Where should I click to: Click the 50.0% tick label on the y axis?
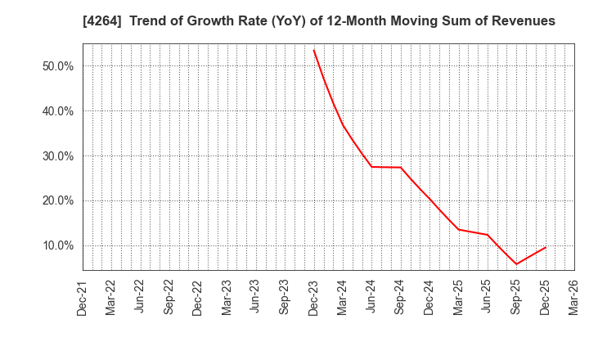point(58,66)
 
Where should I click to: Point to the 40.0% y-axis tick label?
point(58,111)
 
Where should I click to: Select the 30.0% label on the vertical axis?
point(58,156)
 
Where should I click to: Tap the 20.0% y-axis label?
point(58,200)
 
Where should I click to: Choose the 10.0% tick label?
point(58,245)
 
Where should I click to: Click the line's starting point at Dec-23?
point(313,50)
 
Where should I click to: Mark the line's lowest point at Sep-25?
point(516,264)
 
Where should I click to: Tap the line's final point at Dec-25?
point(545,247)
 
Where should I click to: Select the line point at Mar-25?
point(458,229)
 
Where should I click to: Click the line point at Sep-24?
point(400,168)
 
